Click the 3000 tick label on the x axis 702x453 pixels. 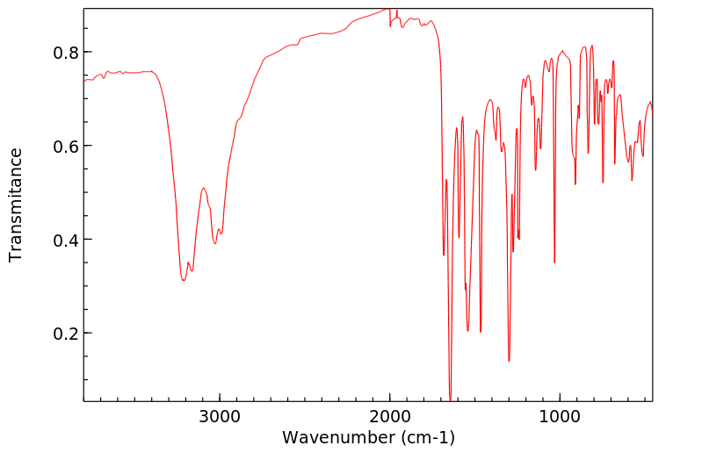pos(220,415)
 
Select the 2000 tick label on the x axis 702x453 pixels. pos(390,415)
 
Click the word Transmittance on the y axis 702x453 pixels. pos(16,205)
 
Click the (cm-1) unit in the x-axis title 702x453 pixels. pos(426,437)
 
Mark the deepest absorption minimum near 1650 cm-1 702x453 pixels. pos(450,399)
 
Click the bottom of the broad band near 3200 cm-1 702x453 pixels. pos(184,280)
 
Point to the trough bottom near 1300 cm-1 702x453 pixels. pos(509,361)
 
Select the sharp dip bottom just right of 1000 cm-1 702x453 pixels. pos(554,262)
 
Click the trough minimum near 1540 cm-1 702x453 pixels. pos(468,331)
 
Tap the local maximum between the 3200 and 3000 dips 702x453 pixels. pos(203,188)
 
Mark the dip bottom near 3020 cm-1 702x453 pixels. pos(214,243)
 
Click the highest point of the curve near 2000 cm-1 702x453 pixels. pos(387,9)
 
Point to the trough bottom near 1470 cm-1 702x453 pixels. pos(481,320)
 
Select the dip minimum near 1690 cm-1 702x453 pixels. pos(444,255)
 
